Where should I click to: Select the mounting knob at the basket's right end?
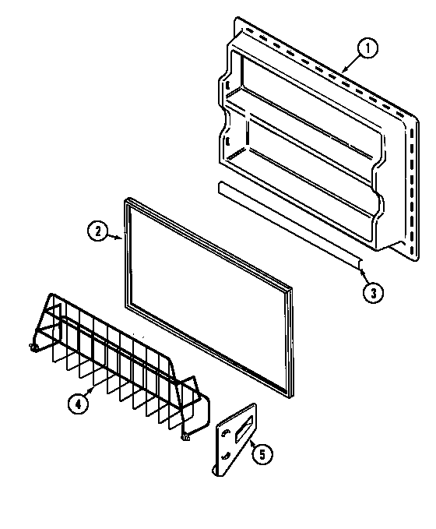(186, 438)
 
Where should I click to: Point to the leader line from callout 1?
(347, 62)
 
